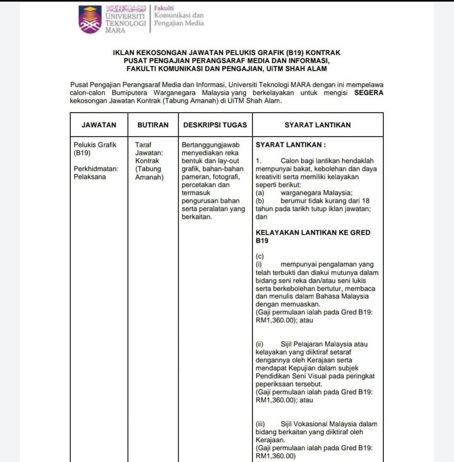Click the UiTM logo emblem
click(90, 19)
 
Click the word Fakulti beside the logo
click(164, 8)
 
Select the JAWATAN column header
click(99, 125)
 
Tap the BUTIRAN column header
click(153, 125)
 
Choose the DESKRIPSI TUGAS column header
click(215, 125)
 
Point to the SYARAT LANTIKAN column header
click(317, 125)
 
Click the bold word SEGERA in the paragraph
click(369, 93)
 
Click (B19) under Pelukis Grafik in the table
click(82, 152)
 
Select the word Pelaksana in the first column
click(90, 176)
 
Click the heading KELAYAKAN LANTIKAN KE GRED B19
click(313, 236)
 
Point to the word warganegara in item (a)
click(305, 193)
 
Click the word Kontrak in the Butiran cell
click(147, 160)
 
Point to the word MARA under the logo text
click(115, 31)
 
